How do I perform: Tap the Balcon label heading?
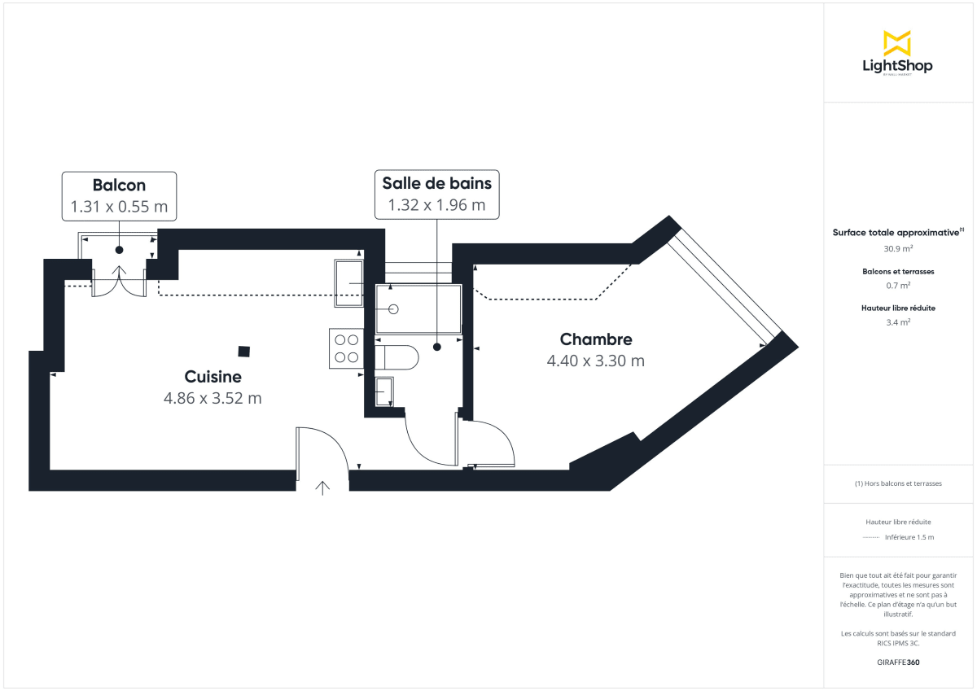point(119,186)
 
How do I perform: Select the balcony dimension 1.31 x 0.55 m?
point(119,207)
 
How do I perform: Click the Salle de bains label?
point(436,183)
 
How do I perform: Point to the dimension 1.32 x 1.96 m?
point(436,205)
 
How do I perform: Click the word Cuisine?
point(212,377)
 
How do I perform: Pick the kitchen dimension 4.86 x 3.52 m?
point(212,398)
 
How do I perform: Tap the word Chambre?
point(596,339)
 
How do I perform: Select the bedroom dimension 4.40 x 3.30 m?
point(596,361)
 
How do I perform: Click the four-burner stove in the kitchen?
point(347,348)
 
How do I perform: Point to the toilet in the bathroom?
point(396,356)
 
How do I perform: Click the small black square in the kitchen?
point(244,352)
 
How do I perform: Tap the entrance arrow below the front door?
point(322,488)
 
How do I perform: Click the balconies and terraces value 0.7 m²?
point(897,285)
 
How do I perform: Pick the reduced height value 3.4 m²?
point(897,321)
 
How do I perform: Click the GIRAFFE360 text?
point(897,663)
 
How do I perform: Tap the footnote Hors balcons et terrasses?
point(898,483)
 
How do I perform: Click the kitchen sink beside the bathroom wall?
point(349,283)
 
